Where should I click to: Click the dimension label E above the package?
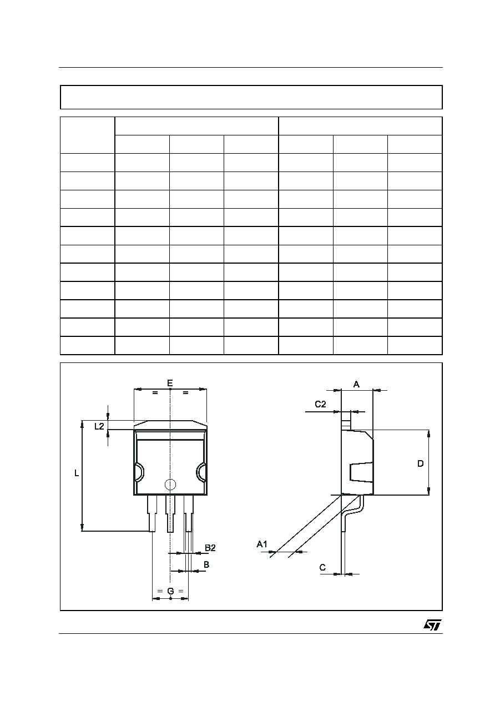coord(170,383)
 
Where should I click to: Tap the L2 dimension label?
coord(99,426)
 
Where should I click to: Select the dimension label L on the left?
coord(77,473)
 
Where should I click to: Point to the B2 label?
coord(210,548)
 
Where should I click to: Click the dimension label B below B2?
coord(206,564)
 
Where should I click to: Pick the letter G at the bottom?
coord(170,591)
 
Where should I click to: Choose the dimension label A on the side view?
coord(356,384)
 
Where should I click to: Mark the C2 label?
coord(320,404)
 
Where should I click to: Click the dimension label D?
coord(421,464)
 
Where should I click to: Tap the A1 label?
coord(262,544)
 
